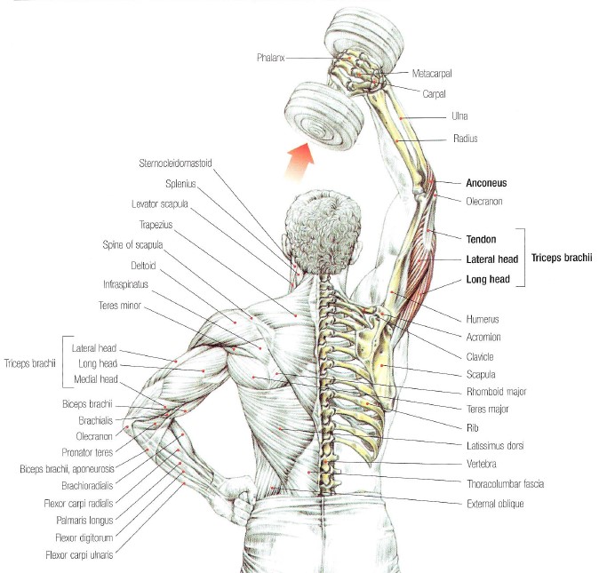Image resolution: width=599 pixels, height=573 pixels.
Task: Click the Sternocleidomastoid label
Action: tap(175, 163)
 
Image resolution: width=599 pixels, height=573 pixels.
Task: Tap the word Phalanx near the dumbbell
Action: tap(270, 58)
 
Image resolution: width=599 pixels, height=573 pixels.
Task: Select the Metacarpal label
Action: tap(432, 74)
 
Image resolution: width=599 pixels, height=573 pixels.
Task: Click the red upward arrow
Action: tap(300, 161)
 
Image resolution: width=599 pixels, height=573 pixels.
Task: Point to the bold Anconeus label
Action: tap(486, 183)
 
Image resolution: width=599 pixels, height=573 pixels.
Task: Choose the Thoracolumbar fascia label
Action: tap(505, 484)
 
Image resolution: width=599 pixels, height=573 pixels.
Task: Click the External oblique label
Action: tap(495, 504)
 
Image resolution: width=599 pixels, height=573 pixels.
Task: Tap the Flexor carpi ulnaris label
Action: tap(79, 555)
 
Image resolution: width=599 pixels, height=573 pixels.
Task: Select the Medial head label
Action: tap(96, 379)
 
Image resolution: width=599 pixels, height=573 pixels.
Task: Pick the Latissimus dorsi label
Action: tap(495, 445)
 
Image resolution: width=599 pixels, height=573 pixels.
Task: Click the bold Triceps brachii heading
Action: tap(562, 258)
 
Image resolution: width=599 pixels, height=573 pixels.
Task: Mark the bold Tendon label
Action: tap(482, 239)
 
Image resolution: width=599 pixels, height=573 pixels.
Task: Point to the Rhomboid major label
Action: tap(496, 392)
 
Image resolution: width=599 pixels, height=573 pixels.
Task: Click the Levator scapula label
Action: tap(160, 203)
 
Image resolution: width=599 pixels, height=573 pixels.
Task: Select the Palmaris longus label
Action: tap(84, 521)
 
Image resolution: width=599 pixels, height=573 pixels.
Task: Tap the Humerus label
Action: tap(483, 319)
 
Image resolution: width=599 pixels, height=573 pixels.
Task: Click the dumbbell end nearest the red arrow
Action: tap(324, 116)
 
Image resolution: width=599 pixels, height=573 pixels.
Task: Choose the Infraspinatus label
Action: tap(125, 284)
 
